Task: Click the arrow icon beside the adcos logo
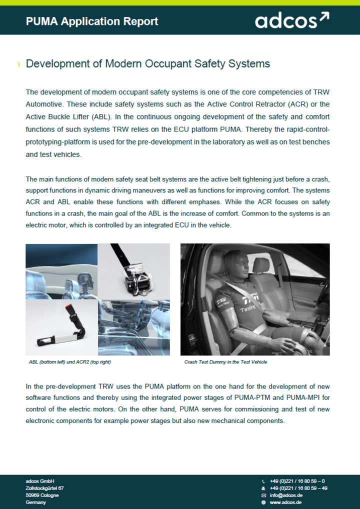pos(324,18)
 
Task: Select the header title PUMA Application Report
pos(92,21)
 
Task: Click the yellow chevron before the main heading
pos(19,64)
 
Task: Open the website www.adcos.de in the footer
pos(285,502)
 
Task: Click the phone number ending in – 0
pos(297,481)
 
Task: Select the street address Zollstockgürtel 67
pos(44,488)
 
